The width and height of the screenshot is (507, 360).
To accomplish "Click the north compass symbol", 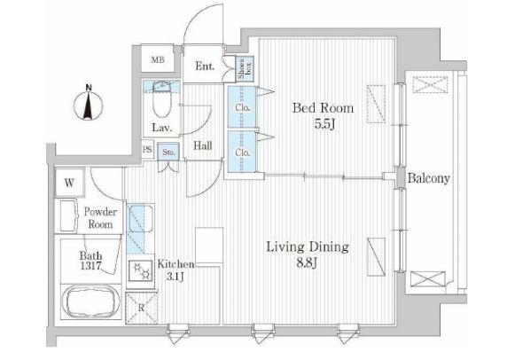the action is (x=89, y=103).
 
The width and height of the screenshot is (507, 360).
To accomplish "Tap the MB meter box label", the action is (x=158, y=59).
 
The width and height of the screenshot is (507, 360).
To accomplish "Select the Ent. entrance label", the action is (x=205, y=66).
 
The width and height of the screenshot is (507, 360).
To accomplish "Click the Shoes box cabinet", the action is (x=245, y=69).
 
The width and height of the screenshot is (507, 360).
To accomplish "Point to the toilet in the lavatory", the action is (x=161, y=99).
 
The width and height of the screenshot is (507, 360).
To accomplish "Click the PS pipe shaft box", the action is (x=147, y=150).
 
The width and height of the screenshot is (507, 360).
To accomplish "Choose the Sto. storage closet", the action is (x=168, y=152).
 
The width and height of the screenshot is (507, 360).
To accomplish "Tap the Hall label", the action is (x=203, y=145).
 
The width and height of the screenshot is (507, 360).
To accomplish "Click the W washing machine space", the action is (x=69, y=183).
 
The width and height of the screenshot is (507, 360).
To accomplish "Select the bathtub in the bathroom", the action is (x=91, y=302).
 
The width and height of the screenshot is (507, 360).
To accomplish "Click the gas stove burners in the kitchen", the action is (x=141, y=270).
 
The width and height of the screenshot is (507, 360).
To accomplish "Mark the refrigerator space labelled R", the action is (x=141, y=309).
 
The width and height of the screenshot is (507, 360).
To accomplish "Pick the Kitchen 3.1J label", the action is (x=175, y=270).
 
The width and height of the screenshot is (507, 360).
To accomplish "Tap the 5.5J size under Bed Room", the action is (x=324, y=124).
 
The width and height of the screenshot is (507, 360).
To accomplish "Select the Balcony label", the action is (x=428, y=178).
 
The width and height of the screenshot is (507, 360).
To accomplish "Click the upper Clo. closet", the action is (x=242, y=107).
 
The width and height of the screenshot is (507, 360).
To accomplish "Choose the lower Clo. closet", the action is (x=242, y=152).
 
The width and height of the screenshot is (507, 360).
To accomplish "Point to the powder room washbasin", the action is (x=68, y=215).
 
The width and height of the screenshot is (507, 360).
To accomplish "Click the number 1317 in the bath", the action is (x=91, y=266).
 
